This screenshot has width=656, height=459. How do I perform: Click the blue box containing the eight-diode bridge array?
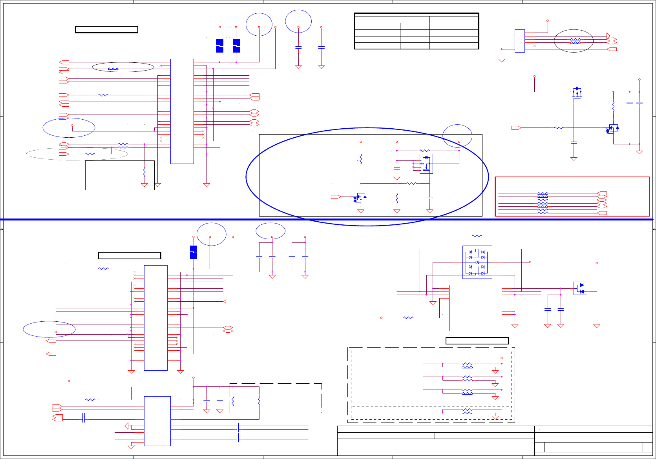click(477, 262)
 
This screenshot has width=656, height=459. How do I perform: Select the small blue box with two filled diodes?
click(580, 288)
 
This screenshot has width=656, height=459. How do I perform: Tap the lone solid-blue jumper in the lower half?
click(194, 252)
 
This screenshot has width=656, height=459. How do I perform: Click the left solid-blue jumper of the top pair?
click(220, 46)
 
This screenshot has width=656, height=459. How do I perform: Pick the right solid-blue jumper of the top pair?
click(236, 46)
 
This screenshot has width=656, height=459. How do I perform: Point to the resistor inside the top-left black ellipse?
click(113, 69)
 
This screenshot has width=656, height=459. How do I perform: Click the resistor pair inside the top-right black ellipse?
click(575, 41)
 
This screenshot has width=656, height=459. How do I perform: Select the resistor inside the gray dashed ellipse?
click(90, 154)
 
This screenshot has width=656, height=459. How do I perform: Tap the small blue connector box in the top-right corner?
click(519, 41)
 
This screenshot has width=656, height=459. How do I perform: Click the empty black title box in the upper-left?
click(106, 29)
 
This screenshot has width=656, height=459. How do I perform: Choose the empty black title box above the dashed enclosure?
click(477, 341)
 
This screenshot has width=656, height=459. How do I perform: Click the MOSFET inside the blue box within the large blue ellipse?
click(426, 164)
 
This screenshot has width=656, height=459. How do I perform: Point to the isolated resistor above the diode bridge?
click(477, 236)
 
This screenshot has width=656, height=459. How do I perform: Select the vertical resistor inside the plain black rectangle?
click(144, 172)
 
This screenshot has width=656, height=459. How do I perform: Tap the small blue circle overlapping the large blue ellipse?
click(457, 136)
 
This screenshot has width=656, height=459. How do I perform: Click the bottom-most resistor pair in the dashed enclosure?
click(467, 411)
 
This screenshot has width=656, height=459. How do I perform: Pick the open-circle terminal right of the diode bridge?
click(530, 262)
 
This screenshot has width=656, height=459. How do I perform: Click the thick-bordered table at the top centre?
click(416, 31)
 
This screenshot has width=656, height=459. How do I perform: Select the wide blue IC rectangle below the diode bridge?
click(475, 308)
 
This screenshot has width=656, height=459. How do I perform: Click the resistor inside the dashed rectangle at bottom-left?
click(90, 400)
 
